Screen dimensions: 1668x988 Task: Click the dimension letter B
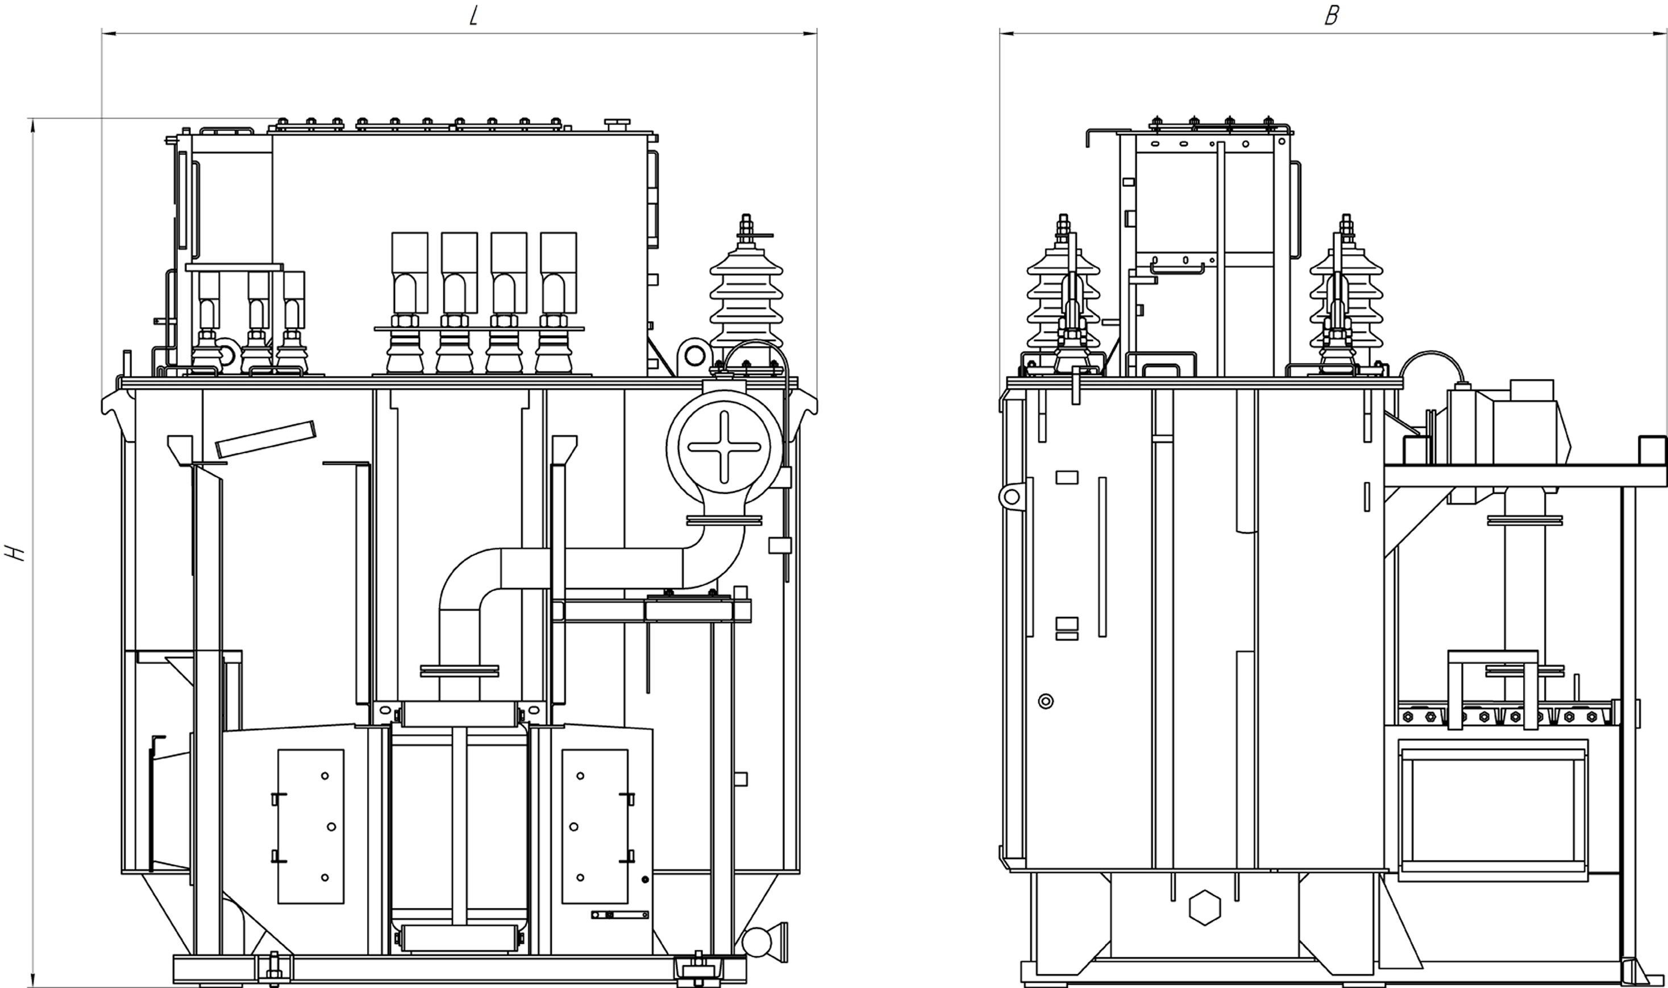pos(1332,16)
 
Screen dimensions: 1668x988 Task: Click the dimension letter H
pos(15,553)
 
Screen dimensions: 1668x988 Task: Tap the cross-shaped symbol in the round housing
pos(725,447)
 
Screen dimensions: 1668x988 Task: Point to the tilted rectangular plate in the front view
pos(265,439)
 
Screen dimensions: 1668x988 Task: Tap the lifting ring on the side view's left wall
pos(1012,497)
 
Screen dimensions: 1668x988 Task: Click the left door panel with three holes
pos(311,826)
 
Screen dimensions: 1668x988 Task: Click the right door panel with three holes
pos(594,826)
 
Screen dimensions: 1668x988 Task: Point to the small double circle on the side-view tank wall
pos(1046,701)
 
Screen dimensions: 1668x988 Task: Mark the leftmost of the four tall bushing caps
pos(410,273)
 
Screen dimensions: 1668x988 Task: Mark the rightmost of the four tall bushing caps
pos(558,273)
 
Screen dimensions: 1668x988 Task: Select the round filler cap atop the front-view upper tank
pos(617,124)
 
